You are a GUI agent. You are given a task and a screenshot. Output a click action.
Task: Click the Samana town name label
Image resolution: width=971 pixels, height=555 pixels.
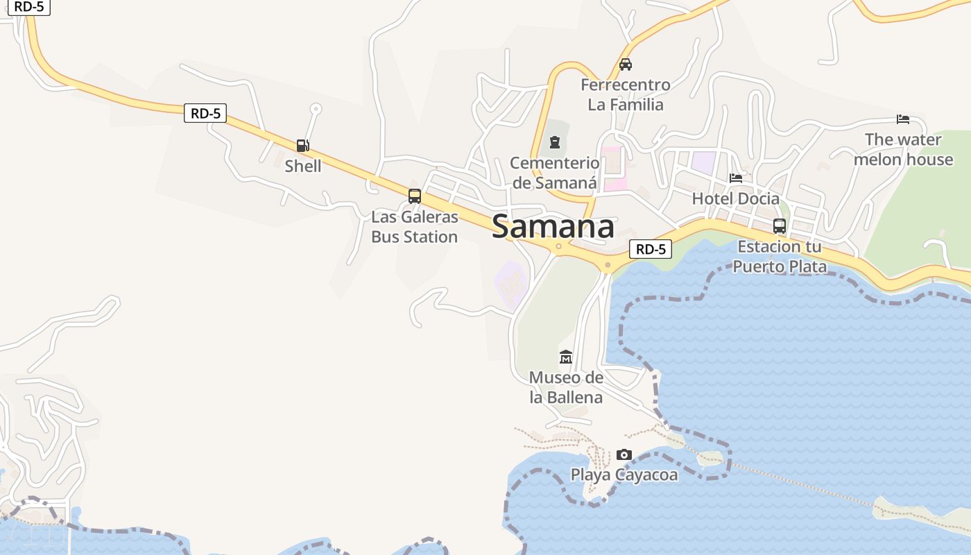pyautogui.click(x=553, y=227)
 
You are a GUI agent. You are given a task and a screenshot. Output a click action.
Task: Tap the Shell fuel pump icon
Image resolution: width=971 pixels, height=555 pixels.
pyautogui.click(x=302, y=146)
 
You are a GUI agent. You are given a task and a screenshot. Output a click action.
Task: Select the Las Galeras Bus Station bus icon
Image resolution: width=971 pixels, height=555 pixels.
pyautogui.click(x=415, y=196)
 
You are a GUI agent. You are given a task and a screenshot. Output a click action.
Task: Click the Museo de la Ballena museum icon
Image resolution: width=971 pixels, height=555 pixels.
pyautogui.click(x=566, y=357)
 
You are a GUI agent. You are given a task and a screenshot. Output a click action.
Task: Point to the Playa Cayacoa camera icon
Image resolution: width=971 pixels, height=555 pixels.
pyautogui.click(x=624, y=455)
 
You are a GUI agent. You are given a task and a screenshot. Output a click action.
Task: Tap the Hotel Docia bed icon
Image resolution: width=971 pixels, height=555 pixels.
pyautogui.click(x=736, y=178)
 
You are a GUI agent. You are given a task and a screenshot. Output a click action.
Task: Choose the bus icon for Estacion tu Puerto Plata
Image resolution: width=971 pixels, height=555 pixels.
pyautogui.click(x=780, y=226)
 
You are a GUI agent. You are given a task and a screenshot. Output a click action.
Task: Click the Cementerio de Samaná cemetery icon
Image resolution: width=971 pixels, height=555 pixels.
pyautogui.click(x=554, y=143)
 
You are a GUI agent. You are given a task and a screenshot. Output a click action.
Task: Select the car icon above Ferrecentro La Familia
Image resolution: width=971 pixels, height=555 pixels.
pyautogui.click(x=626, y=65)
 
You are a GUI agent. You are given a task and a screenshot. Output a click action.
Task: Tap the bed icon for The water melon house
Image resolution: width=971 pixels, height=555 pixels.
pyautogui.click(x=903, y=119)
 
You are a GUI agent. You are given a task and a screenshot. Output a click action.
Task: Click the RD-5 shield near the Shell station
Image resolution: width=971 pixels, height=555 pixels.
pyautogui.click(x=205, y=113)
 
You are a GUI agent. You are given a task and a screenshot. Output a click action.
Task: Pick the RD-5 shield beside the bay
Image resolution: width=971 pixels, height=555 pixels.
pyautogui.click(x=651, y=249)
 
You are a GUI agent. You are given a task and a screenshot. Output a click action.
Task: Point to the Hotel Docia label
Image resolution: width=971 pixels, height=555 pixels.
pyautogui.click(x=736, y=198)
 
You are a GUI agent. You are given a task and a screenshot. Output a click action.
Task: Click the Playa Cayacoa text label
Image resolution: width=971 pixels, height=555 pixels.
pyautogui.click(x=624, y=475)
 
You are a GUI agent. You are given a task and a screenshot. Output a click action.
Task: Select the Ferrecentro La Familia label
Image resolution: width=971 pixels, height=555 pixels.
pyautogui.click(x=626, y=95)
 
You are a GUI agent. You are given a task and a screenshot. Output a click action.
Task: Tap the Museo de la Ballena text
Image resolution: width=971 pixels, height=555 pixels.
pyautogui.click(x=566, y=388)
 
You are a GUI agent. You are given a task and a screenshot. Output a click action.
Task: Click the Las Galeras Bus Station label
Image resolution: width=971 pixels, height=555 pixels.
pyautogui.click(x=415, y=227)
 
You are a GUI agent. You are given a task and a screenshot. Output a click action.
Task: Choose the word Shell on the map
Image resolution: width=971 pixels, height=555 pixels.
pyautogui.click(x=303, y=166)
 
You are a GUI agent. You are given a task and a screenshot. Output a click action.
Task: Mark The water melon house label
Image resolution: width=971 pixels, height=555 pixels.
pyautogui.click(x=903, y=149)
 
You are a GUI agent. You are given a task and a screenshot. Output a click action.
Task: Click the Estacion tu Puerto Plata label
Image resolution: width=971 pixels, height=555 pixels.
pyautogui.click(x=780, y=257)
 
